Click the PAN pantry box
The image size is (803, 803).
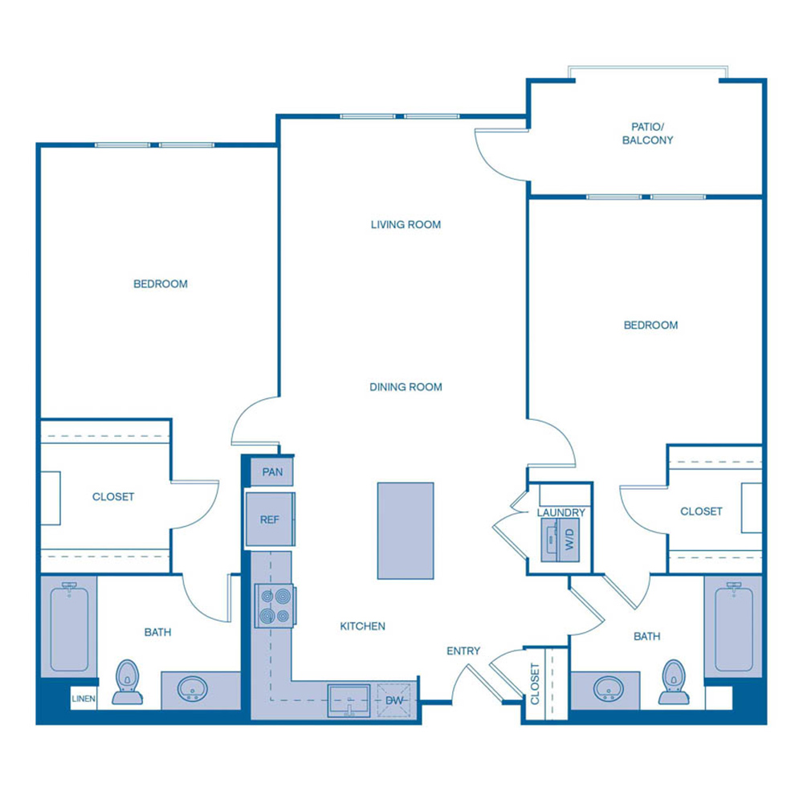coord(272,472)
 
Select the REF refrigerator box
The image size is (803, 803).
coord(270,520)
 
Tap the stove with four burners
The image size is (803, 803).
coord(275,605)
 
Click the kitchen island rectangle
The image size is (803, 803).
coord(406,531)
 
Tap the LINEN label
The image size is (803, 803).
coord(84,699)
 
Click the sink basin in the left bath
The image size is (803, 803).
coord(192,689)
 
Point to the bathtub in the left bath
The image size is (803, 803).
coord(69,626)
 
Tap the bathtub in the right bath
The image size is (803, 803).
coord(732,626)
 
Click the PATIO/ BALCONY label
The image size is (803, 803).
coord(651,133)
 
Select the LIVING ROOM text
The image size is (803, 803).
coord(406,225)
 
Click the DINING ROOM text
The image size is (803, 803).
coord(406,387)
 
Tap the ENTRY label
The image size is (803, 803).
coord(463,651)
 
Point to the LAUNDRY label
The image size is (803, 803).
coord(561,512)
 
